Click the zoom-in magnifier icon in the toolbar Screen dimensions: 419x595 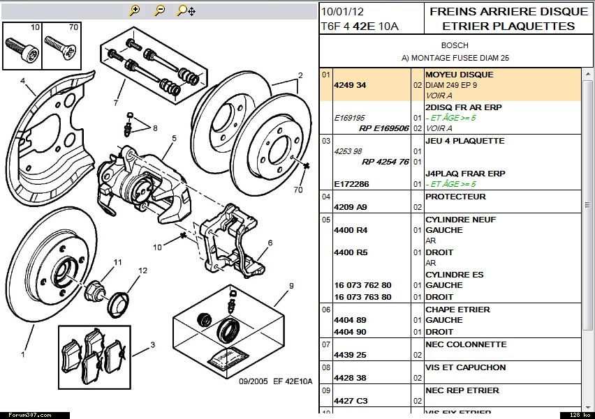pyautogui.click(x=135, y=10)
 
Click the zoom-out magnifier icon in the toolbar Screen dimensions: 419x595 pyautogui.click(x=160, y=10)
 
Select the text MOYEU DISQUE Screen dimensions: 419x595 pyautogui.click(x=459, y=75)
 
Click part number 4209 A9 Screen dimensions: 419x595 pyautogui.click(x=351, y=207)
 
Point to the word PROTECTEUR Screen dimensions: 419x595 pyautogui.click(x=455, y=197)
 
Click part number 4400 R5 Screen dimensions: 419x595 pyautogui.click(x=351, y=252)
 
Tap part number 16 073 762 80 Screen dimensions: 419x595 pyautogui.click(x=362, y=285)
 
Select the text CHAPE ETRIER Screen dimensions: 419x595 pyautogui.click(x=457, y=310)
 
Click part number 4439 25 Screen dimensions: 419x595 pyautogui.click(x=351, y=355)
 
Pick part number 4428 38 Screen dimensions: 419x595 pyautogui.click(x=351, y=378)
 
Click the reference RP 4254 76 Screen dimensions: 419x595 pyautogui.click(x=385, y=162)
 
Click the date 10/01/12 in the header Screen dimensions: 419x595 pyautogui.click(x=342, y=12)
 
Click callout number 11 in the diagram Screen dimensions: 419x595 pyautogui.click(x=118, y=262)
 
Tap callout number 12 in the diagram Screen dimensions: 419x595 pyautogui.click(x=142, y=271)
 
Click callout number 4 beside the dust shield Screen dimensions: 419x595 pyautogui.click(x=22, y=80)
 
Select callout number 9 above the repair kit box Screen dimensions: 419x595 pyautogui.click(x=291, y=285)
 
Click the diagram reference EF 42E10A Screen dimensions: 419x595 pyautogui.click(x=293, y=381)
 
